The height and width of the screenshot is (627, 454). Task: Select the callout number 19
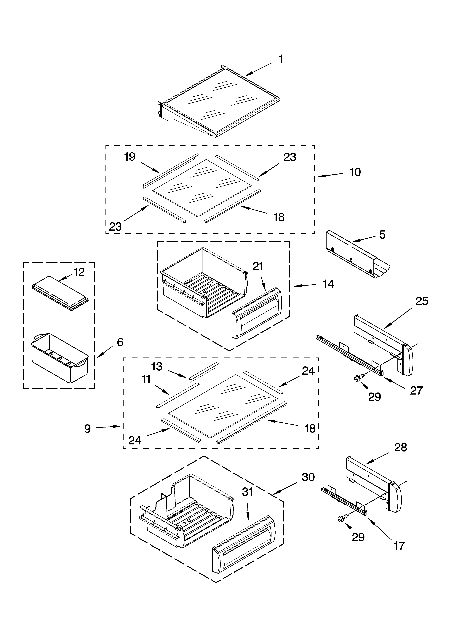130,157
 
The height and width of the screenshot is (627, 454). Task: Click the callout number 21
258,267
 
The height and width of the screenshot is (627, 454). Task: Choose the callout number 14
328,284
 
